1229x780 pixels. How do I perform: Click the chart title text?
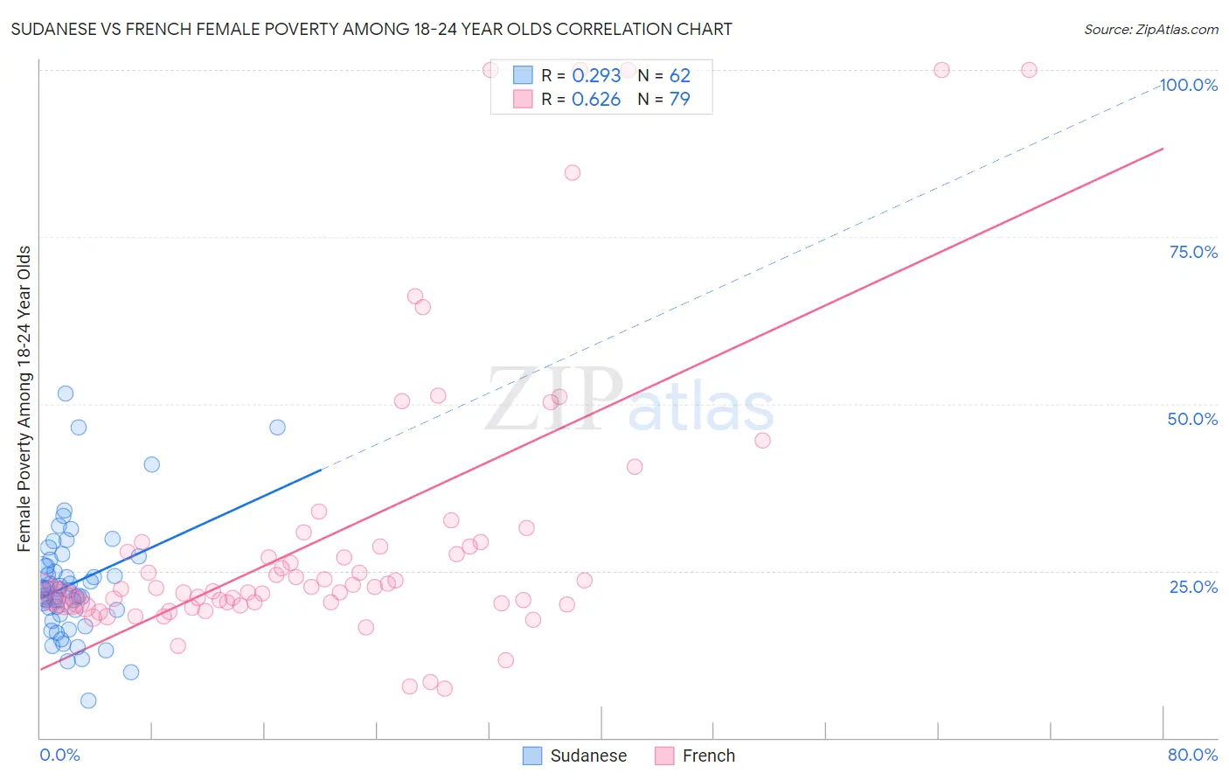tap(371, 29)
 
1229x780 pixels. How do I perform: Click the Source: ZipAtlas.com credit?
tap(1150, 29)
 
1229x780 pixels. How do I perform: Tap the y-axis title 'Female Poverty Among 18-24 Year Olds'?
tap(24, 399)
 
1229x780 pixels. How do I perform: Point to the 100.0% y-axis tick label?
tap(1188, 85)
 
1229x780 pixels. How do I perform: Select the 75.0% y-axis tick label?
tap(1193, 252)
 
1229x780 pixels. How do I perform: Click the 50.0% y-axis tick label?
tap(1192, 419)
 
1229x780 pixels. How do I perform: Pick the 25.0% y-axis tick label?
tap(1193, 586)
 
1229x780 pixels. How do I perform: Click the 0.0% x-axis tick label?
tap(59, 755)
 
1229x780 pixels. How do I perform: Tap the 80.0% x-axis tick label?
tap(1192, 755)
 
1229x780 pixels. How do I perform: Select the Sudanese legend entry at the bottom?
tap(575, 756)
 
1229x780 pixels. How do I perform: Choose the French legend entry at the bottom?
tap(695, 756)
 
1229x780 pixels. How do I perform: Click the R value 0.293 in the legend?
tap(596, 76)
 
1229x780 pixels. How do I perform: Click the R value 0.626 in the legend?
tap(596, 100)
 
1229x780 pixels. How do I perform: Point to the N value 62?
tap(679, 76)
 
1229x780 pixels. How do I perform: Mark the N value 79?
tap(679, 100)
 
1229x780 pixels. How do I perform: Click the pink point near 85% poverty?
tap(573, 172)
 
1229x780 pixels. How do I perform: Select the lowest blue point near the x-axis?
tap(88, 700)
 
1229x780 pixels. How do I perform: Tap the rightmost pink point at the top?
tap(1029, 70)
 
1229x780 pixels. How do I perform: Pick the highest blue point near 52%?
tap(66, 393)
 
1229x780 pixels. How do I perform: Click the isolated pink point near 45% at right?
tap(762, 441)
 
